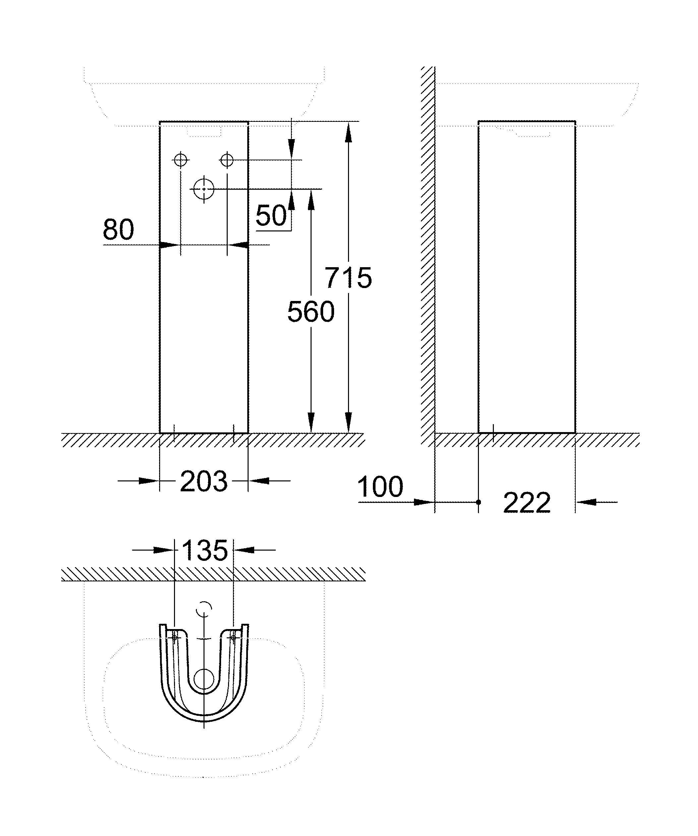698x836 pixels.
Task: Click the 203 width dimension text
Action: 204,481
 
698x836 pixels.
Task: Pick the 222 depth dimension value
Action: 527,503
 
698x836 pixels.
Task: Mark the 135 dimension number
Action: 204,550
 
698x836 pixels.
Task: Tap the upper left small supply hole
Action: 181,160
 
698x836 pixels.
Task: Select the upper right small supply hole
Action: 227,160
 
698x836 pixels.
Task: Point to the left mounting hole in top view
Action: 174,638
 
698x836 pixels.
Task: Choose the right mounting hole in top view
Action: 233,638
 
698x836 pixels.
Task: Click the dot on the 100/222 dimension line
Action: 479,502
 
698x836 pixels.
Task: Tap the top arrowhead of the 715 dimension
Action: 348,132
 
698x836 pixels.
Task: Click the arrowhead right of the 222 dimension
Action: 586,502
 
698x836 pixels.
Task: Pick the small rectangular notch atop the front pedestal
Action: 204,132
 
